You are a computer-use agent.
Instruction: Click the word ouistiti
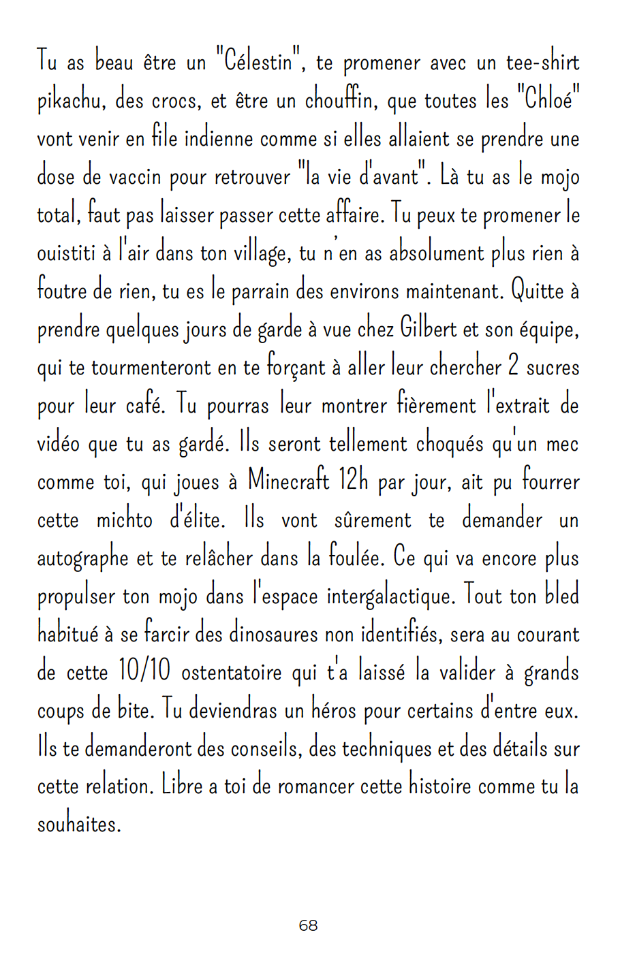(x=65, y=253)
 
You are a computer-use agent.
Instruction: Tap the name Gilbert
(x=428, y=330)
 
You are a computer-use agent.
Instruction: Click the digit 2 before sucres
(x=514, y=368)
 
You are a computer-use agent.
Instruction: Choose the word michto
(x=124, y=520)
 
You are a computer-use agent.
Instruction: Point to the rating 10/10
(x=144, y=673)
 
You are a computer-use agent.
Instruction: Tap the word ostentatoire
(x=232, y=673)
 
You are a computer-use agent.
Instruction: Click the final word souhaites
(x=78, y=825)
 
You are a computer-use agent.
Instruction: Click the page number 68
(x=308, y=925)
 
